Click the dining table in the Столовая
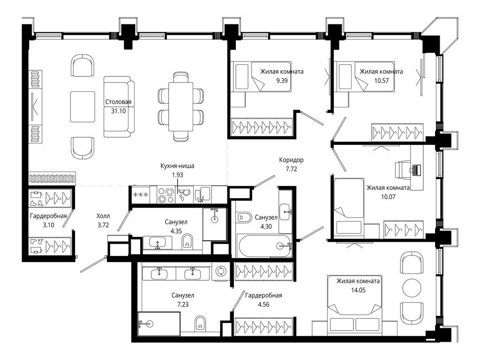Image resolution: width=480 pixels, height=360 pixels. [x=180, y=106]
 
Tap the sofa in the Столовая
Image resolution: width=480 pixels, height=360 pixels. [x=119, y=106]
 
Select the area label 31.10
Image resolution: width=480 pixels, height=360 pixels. [x=119, y=111]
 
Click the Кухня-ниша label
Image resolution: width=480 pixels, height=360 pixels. [x=177, y=166]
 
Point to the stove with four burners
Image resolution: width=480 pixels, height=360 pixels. [x=165, y=195]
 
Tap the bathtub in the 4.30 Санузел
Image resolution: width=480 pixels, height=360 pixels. [x=265, y=246]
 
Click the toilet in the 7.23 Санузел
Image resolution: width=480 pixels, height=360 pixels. [x=201, y=323]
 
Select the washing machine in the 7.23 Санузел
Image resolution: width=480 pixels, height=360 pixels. [x=220, y=272]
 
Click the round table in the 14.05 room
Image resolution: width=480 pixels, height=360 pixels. [x=412, y=288]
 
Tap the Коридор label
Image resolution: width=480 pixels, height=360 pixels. [x=292, y=160]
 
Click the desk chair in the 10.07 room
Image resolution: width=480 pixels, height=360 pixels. [x=402, y=169]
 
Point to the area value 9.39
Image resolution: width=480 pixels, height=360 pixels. [x=282, y=81]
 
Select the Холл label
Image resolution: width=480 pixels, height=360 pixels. [x=103, y=216]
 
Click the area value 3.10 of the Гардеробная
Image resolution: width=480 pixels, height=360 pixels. [x=48, y=225]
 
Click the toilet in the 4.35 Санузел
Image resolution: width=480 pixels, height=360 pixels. [x=187, y=241]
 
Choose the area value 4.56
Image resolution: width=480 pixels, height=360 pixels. [x=263, y=305]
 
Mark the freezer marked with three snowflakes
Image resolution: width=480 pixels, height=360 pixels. [x=141, y=195]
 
